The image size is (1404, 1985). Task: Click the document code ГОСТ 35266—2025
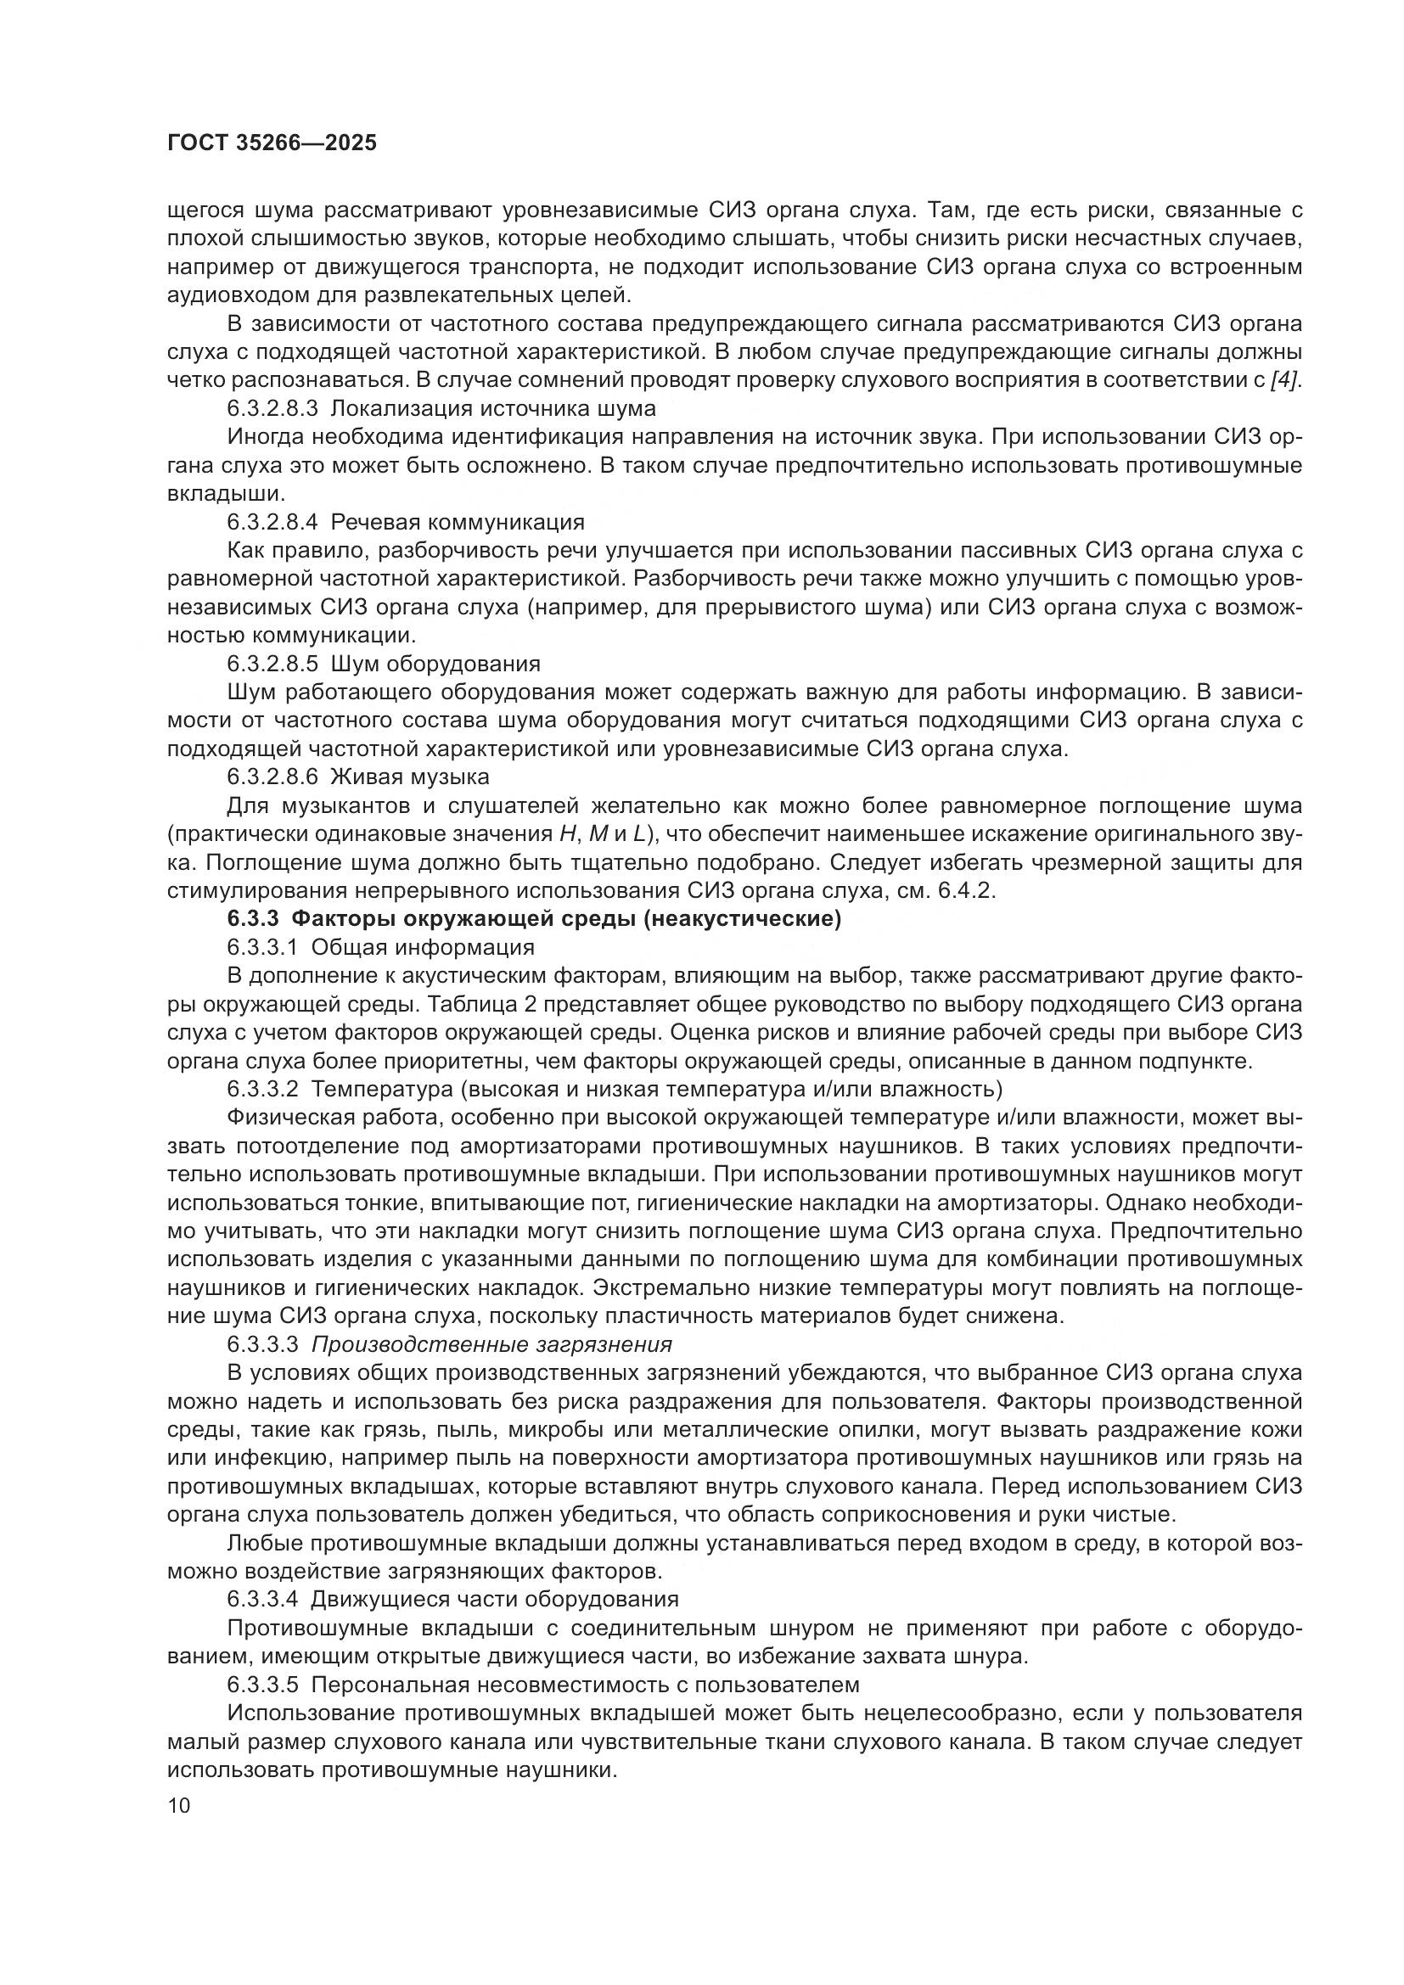point(272,143)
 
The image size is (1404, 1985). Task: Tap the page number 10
point(179,1806)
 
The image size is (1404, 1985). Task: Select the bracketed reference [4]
point(1284,379)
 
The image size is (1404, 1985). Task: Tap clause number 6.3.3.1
point(262,948)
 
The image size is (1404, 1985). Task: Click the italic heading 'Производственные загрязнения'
point(491,1344)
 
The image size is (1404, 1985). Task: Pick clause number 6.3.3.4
point(262,1599)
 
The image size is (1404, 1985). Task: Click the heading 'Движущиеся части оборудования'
point(495,1599)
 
